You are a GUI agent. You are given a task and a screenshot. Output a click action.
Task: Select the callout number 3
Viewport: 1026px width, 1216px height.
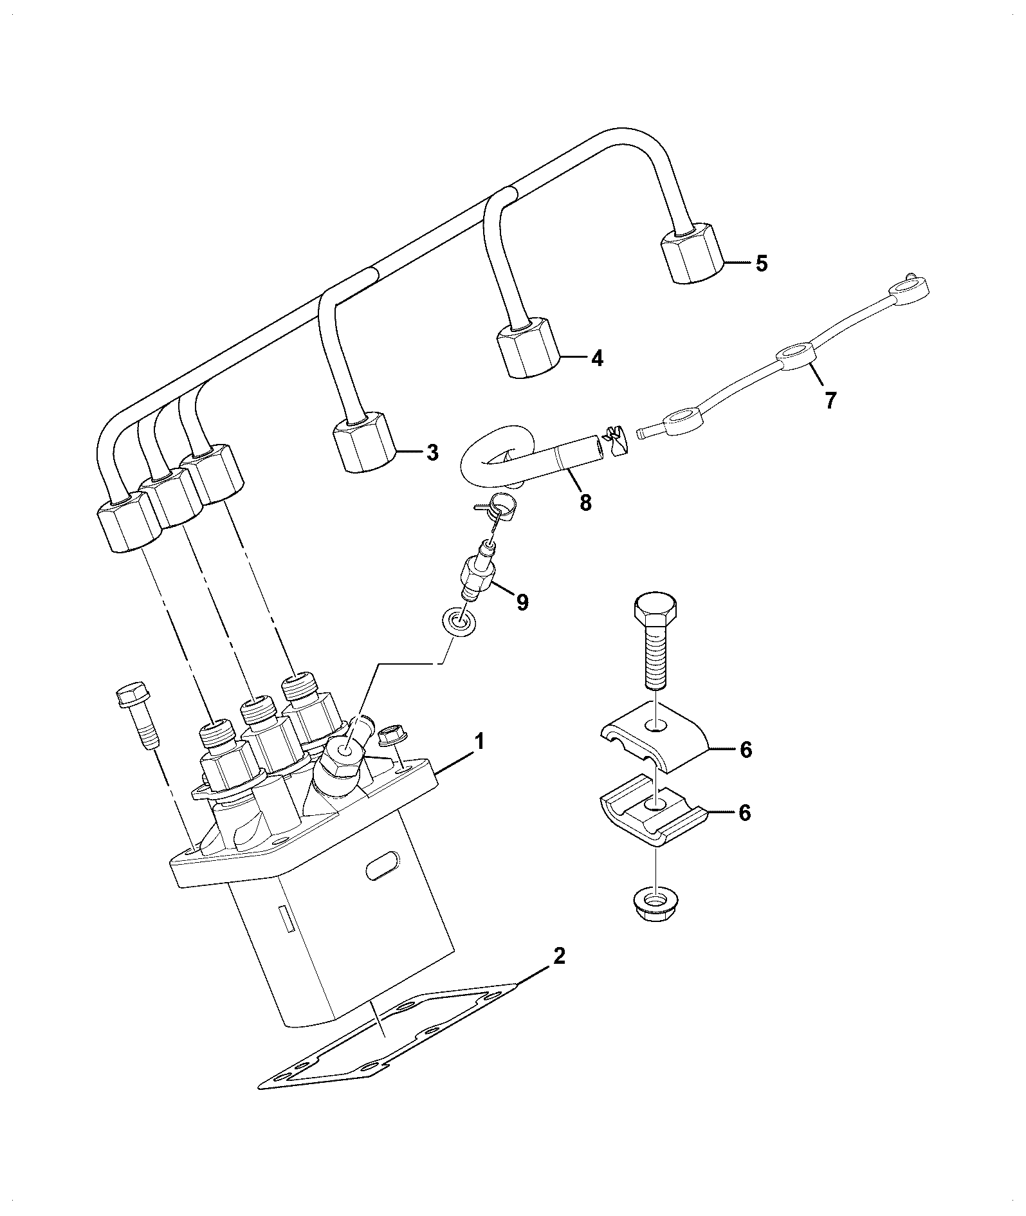432,452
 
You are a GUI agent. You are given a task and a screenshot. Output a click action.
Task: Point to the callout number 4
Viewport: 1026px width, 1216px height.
597,358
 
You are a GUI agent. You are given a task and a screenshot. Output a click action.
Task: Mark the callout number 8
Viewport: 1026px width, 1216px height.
585,502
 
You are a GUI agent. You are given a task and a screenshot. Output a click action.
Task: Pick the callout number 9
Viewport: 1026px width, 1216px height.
522,602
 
